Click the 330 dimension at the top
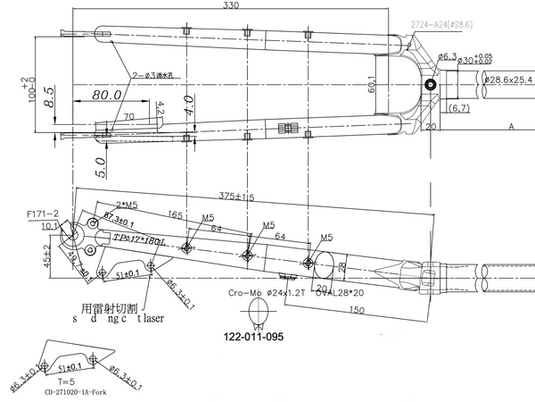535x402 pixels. click(232, 6)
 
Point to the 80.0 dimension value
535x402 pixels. click(106, 95)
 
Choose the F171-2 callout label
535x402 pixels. click(43, 214)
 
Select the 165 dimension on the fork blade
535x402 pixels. click(174, 215)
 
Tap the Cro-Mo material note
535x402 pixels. click(244, 291)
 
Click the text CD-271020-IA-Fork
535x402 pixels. click(81, 391)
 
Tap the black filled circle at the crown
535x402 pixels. click(432, 85)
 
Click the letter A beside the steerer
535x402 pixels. click(512, 127)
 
